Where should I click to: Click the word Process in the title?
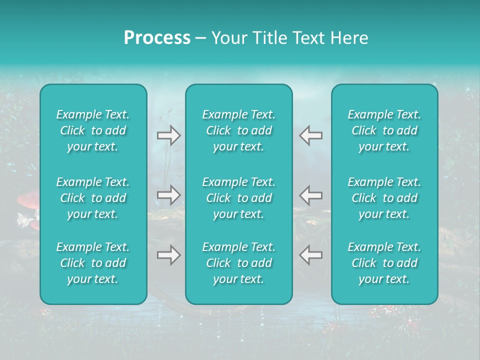[157, 38]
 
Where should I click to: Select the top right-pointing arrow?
[169, 135]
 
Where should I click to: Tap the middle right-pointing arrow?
[169, 194]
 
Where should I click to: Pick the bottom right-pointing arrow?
[169, 255]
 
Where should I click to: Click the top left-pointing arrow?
[311, 135]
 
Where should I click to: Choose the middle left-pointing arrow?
[311, 194]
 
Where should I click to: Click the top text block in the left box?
[93, 130]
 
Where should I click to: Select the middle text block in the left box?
[93, 198]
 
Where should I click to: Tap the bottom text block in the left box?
[93, 263]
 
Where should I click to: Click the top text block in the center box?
[239, 130]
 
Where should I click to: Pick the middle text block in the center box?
[239, 198]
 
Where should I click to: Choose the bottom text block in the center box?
[239, 263]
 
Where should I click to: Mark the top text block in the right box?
[384, 130]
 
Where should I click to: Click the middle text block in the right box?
[384, 198]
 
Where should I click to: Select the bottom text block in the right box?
[384, 263]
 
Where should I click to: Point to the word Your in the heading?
[228, 38]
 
